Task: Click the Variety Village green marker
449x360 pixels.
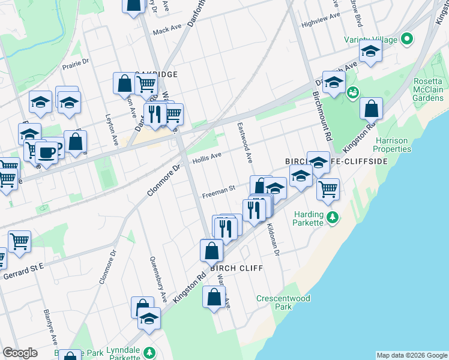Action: [x=407, y=40]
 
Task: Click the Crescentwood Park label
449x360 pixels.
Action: [x=283, y=302]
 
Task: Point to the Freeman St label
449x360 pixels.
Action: [x=218, y=193]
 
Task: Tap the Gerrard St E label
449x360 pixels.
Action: [x=24, y=271]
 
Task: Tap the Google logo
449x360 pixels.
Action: [x=20, y=352]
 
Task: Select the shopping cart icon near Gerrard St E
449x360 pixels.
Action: [x=20, y=241]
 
